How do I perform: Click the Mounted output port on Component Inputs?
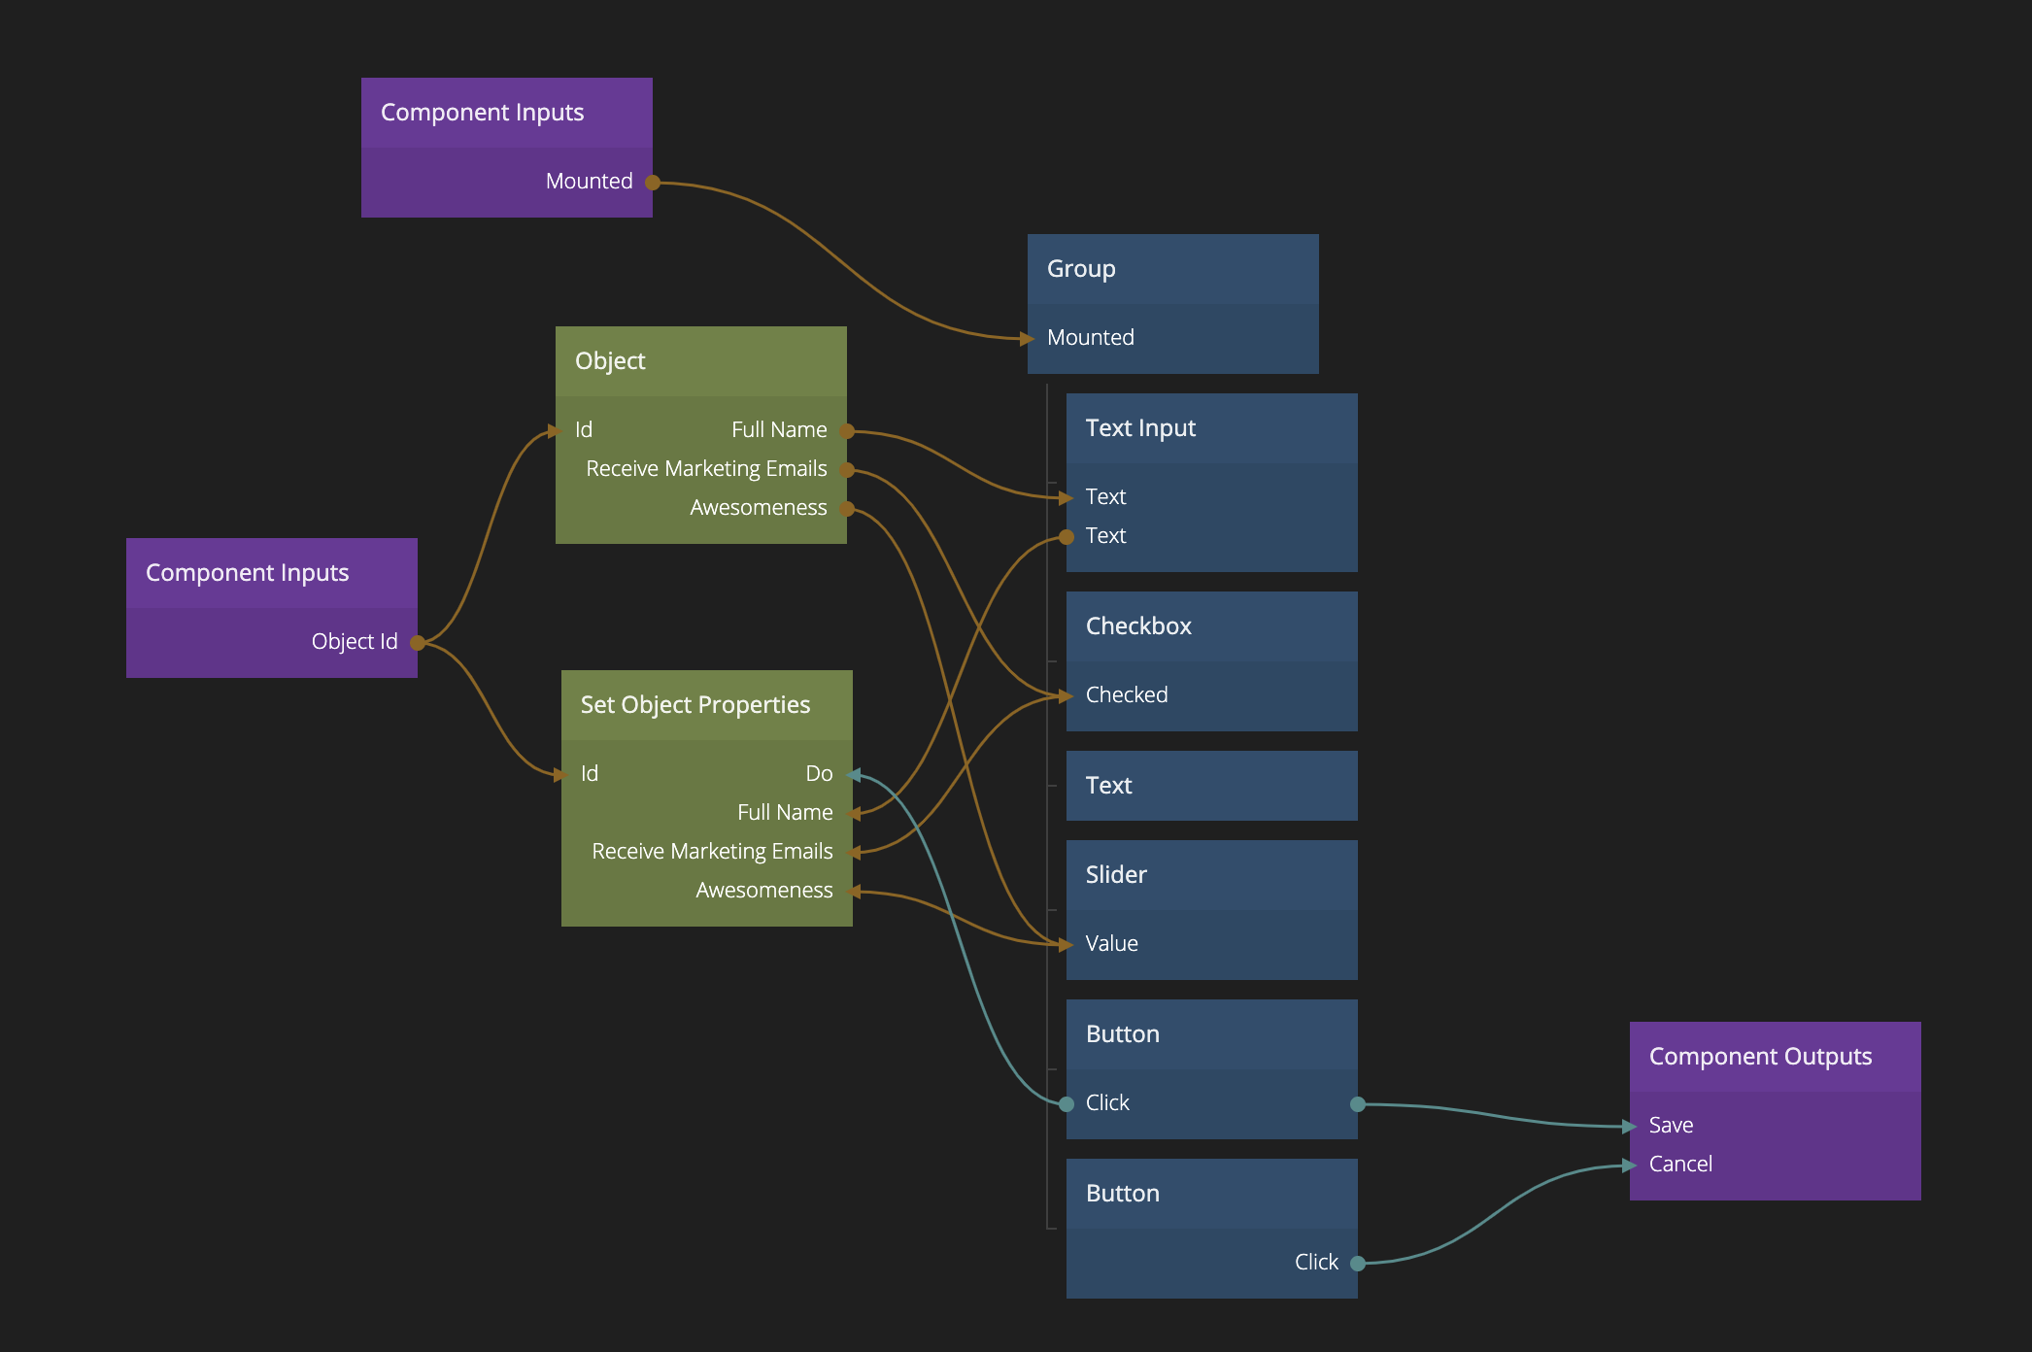coord(653,183)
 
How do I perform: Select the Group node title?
coord(1081,269)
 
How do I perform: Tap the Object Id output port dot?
coord(417,643)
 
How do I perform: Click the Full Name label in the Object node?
coord(779,430)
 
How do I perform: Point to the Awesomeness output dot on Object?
coord(847,509)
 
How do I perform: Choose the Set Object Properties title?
coord(694,705)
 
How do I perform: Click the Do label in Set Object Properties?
coord(819,774)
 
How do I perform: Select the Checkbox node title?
coord(1138,626)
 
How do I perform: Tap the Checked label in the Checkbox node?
coord(1127,695)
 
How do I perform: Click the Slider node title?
coord(1116,875)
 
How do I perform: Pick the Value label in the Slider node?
coord(1111,944)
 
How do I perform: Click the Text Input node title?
coord(1140,428)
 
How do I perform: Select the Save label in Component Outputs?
coord(1671,1126)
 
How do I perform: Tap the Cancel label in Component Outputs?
coord(1680,1165)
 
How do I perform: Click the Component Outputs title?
coord(1760,1057)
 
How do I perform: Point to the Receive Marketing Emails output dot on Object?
coord(847,470)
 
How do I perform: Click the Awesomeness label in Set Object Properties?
coord(763,891)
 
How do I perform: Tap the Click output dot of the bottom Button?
coord(1358,1264)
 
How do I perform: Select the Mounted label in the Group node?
coord(1090,338)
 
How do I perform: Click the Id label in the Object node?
coord(584,430)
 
